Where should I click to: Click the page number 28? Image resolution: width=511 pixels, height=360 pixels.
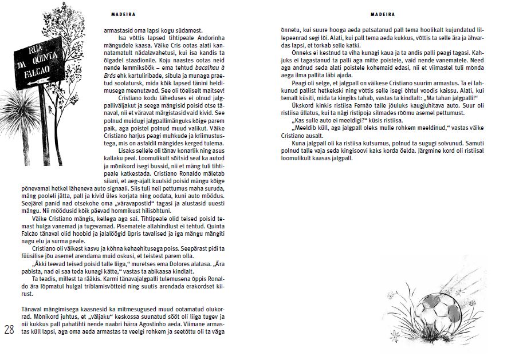tap(9, 330)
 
